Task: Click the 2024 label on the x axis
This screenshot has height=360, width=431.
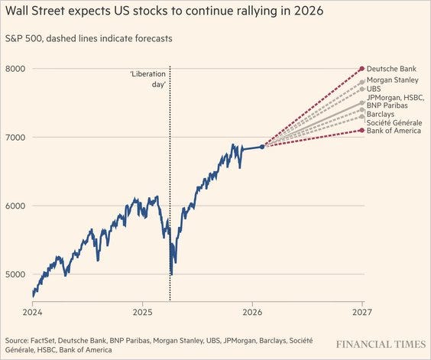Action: [x=32, y=313]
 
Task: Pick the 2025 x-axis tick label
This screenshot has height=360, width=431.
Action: [x=143, y=313]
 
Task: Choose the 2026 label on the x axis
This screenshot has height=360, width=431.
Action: [x=252, y=313]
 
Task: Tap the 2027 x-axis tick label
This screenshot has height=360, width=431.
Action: [x=362, y=313]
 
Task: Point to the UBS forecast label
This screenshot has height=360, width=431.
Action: [x=374, y=89]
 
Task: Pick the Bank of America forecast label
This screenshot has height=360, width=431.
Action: [x=394, y=131]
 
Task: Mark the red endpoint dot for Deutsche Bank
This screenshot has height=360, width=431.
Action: [x=361, y=69]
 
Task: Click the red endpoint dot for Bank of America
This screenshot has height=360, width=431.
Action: [x=361, y=131]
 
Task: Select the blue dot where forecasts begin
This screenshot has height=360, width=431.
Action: [x=262, y=147]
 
